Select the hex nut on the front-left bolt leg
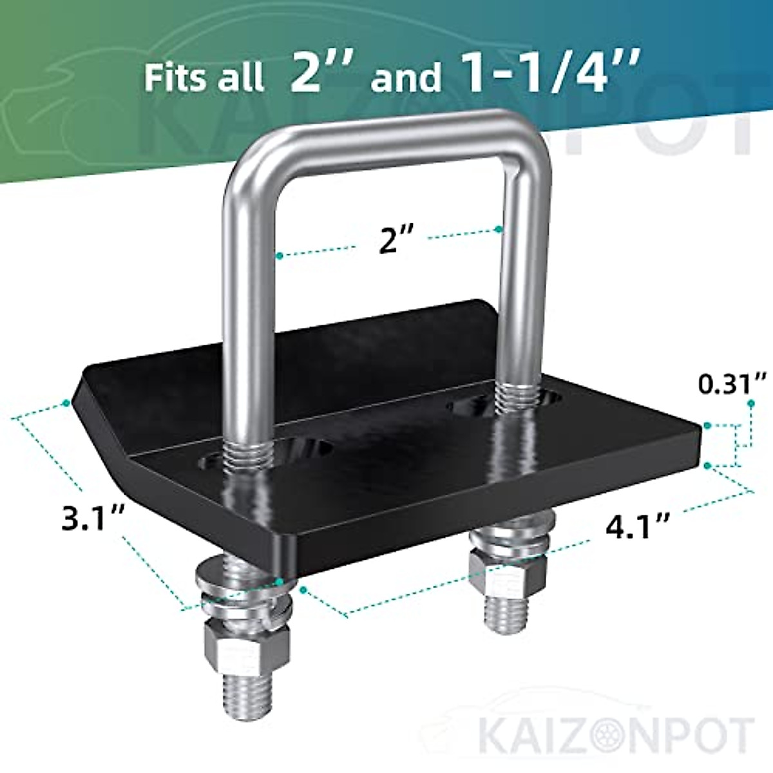[x=247, y=647]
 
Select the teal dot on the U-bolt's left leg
[x=279, y=256]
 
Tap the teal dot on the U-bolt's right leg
[x=499, y=229]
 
